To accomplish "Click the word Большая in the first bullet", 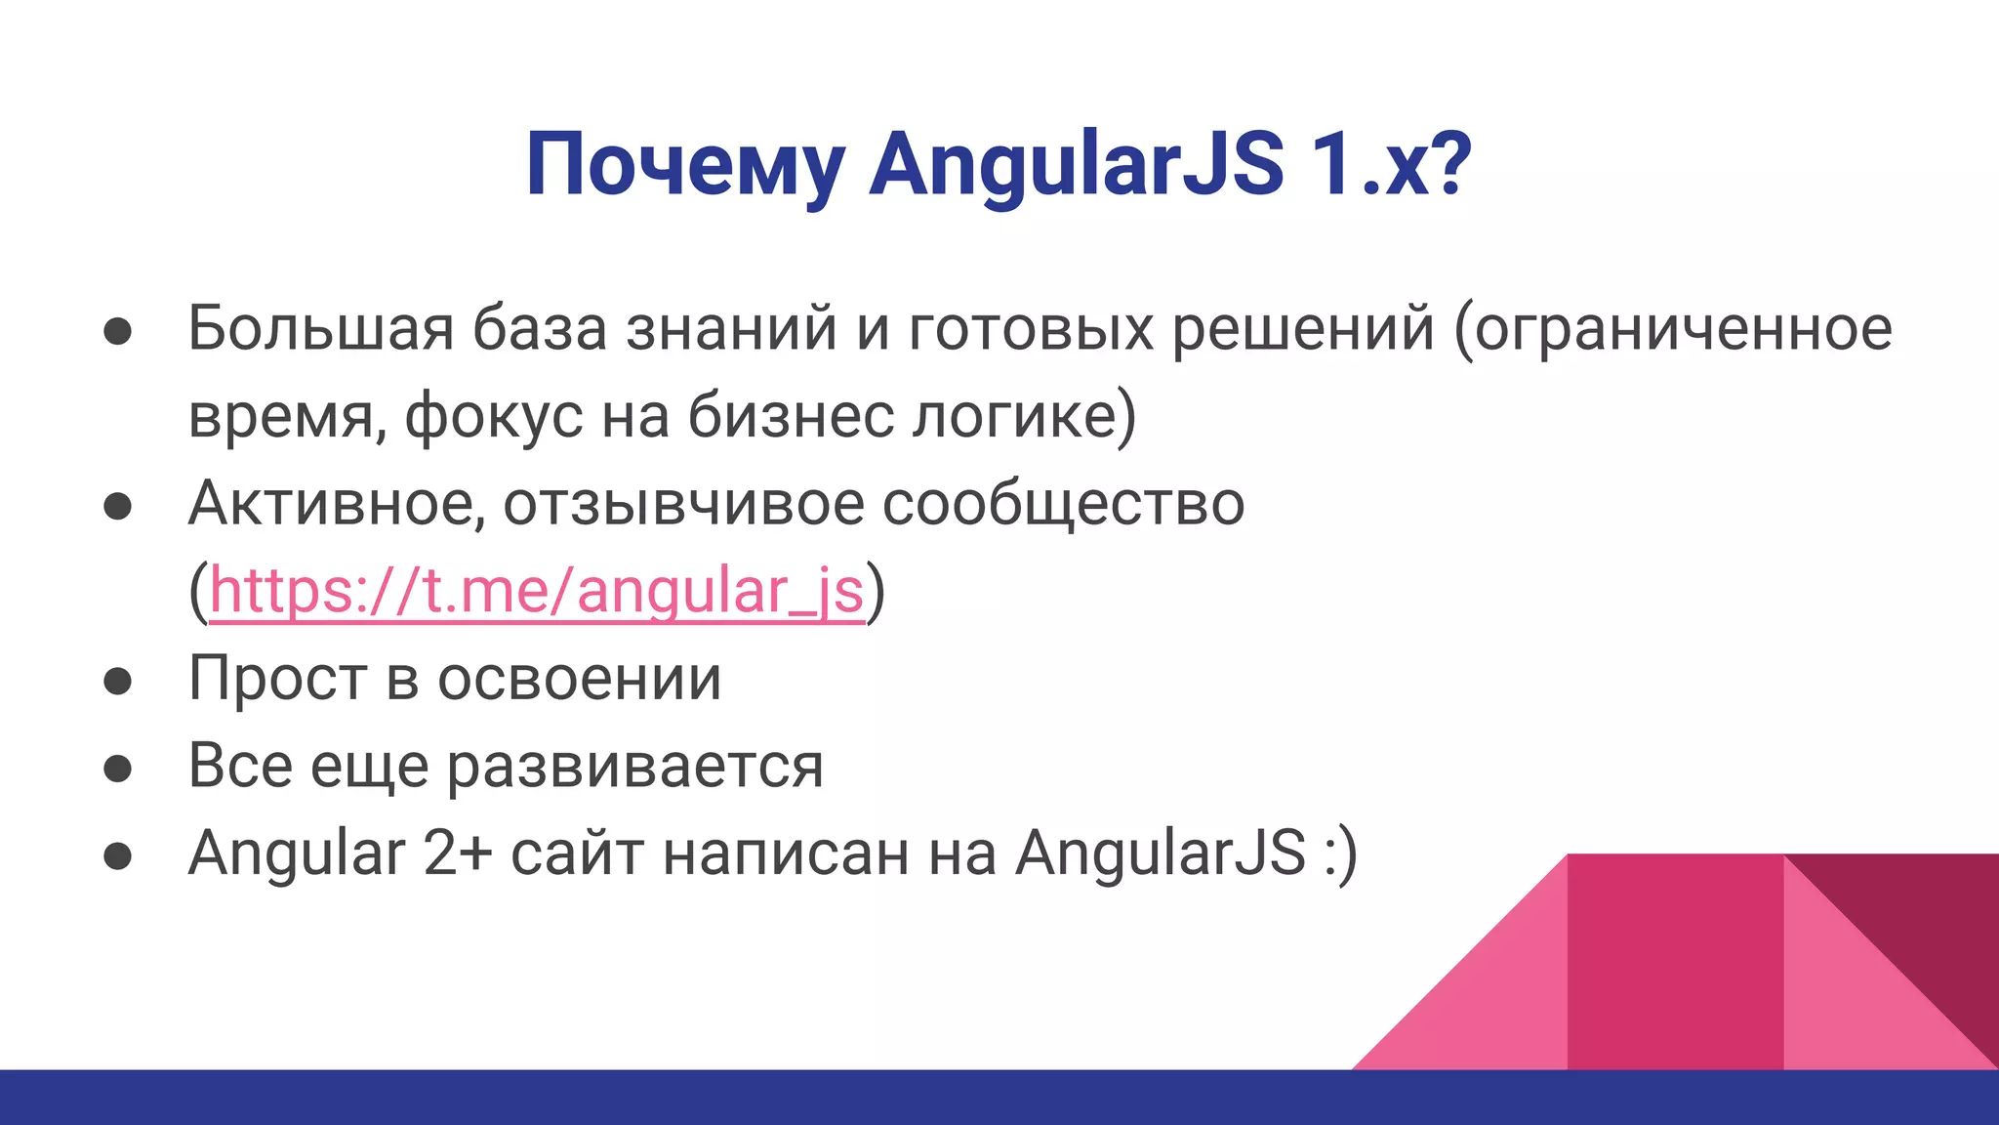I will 320,328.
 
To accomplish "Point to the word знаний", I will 731,328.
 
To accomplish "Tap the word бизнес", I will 791,416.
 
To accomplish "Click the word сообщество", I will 1064,504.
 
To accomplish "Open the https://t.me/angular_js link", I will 537,592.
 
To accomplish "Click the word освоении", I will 579,679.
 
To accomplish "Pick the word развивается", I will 635,767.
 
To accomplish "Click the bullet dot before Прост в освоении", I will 118,682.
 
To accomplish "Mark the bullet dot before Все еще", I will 118,769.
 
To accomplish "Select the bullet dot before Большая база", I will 118,331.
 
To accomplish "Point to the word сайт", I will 577,853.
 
